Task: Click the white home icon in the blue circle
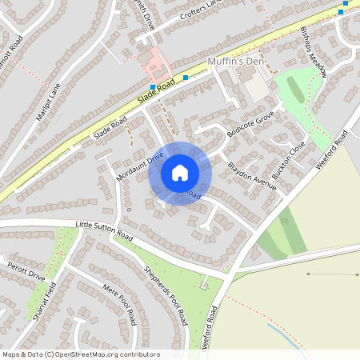(180, 172)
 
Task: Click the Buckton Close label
(288, 162)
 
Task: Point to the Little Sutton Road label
(104, 230)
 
